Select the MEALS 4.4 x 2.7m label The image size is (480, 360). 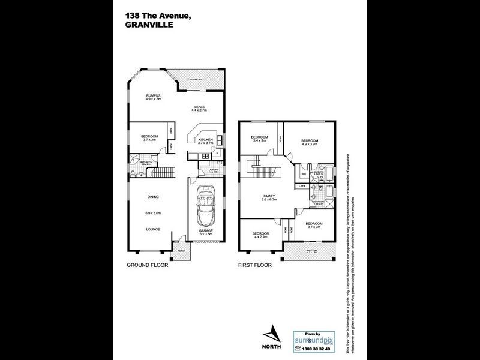199,109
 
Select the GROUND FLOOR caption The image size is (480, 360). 147,265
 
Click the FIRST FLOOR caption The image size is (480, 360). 255,265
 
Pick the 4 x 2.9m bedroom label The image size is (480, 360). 260,235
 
